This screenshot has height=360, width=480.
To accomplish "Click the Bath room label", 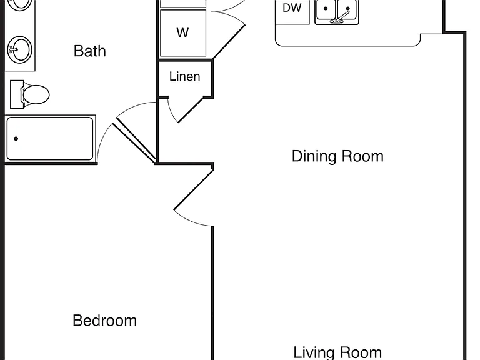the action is pyautogui.click(x=90, y=51).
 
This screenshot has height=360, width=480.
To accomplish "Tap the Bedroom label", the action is pyautogui.click(x=105, y=321).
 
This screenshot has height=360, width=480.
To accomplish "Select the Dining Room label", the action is pyautogui.click(x=337, y=156).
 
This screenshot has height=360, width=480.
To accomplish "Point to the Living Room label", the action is pyautogui.click(x=337, y=352).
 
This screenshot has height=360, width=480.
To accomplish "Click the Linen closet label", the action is pyautogui.click(x=184, y=76).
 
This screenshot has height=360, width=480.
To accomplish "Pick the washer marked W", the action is pyautogui.click(x=183, y=33).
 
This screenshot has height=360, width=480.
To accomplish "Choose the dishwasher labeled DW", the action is pyautogui.click(x=292, y=12).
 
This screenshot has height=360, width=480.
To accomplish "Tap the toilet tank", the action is pyautogui.click(x=17, y=94).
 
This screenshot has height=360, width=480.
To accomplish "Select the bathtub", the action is pyautogui.click(x=50, y=138).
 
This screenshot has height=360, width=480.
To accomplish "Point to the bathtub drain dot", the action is pyautogui.click(x=16, y=139).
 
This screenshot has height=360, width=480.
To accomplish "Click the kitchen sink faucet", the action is pyautogui.click(x=341, y=17).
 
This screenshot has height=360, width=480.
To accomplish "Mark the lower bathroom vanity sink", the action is pyautogui.click(x=19, y=50).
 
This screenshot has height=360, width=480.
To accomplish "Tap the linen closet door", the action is pyautogui.click(x=191, y=109).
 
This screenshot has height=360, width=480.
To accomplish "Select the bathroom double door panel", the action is pyautogui.click(x=135, y=141).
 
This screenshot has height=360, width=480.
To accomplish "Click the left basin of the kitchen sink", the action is pyautogui.click(x=326, y=9).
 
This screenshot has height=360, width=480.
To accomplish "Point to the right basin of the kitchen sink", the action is pyautogui.click(x=347, y=9).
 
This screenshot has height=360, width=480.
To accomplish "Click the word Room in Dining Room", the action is pyautogui.click(x=362, y=156).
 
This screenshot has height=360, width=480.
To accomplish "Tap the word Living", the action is pyautogui.click(x=312, y=352).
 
